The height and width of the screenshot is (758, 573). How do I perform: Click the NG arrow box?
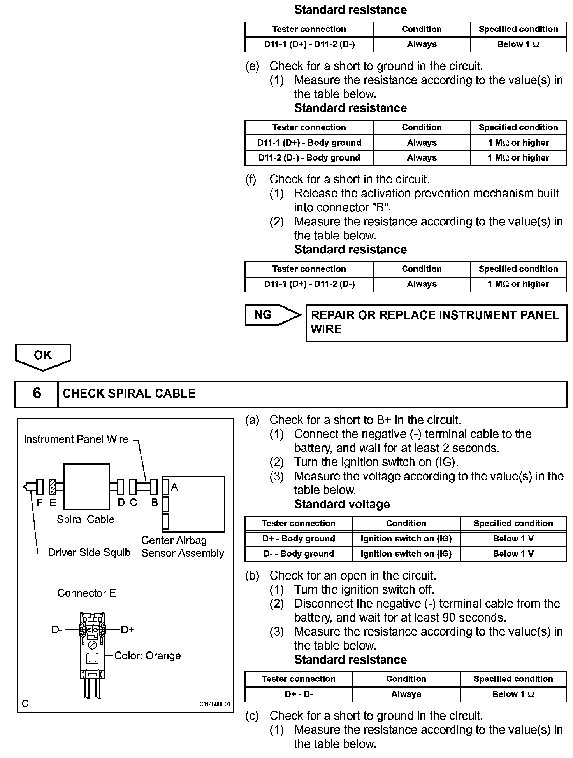(x=269, y=315)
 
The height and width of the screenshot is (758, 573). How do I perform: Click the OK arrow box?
(x=43, y=356)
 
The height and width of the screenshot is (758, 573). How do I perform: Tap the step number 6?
(x=37, y=393)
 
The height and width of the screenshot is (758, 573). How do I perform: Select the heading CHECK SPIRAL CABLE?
(x=129, y=394)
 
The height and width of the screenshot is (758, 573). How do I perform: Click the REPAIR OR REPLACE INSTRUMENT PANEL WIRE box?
(x=436, y=323)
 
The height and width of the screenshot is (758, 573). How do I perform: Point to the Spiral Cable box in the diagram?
(x=86, y=487)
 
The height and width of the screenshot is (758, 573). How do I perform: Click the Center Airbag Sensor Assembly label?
(x=182, y=547)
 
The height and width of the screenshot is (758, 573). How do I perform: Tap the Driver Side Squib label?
(x=89, y=553)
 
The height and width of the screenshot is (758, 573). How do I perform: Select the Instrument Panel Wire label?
(x=76, y=439)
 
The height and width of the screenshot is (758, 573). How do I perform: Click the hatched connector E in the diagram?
(x=53, y=487)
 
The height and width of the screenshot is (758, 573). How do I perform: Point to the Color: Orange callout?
(x=148, y=656)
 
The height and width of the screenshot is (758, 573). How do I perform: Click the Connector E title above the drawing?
(x=86, y=593)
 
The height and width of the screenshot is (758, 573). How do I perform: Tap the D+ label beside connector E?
(x=127, y=630)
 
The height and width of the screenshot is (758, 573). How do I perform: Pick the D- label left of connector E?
(x=57, y=630)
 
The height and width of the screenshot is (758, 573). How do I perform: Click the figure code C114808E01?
(x=215, y=704)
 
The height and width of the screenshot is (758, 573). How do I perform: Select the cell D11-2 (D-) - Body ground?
(x=309, y=158)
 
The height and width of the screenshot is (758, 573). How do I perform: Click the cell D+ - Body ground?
(x=299, y=539)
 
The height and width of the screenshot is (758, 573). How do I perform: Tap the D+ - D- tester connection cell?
(x=299, y=694)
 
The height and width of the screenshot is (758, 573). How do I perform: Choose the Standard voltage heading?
(x=342, y=504)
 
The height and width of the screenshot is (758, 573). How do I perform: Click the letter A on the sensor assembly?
(x=174, y=487)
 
